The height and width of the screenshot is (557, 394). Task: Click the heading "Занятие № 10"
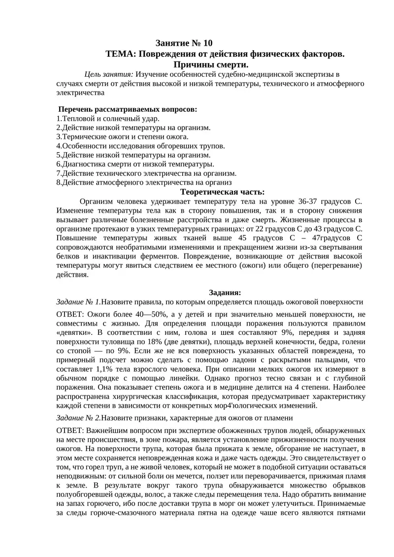184,43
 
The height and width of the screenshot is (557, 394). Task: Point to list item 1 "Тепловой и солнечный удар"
108,118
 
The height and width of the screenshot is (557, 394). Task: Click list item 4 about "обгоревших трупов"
141,146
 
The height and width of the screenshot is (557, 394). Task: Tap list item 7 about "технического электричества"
146,173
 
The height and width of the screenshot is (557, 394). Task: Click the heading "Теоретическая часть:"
223,192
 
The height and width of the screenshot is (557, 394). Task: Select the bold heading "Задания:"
225,293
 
